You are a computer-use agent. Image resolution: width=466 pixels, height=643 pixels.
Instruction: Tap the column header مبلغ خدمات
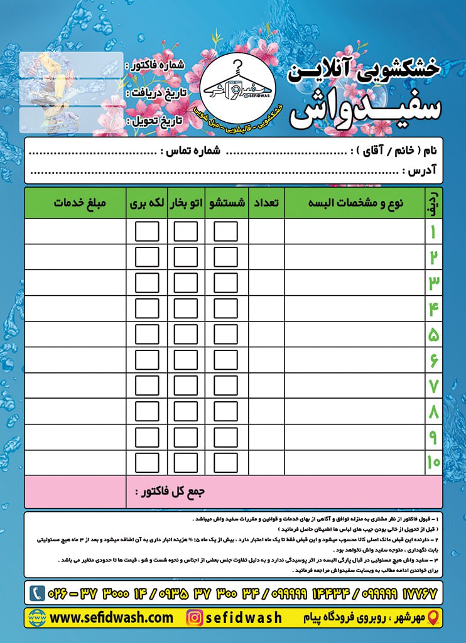pos(80,203)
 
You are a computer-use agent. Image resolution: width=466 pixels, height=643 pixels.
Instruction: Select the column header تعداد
pos(266,203)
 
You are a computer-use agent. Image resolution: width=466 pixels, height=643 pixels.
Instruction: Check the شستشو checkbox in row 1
pos(225,231)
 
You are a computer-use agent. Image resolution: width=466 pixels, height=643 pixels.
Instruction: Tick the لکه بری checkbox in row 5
pos(147,334)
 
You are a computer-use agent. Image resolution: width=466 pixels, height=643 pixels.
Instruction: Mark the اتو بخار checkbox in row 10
pos(186,463)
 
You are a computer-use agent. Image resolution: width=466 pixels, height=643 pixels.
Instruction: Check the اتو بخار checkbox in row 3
pos(186,283)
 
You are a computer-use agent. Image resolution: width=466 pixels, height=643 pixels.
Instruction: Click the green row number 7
pos(433,386)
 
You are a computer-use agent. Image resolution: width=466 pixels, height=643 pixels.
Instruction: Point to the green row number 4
pos(433,308)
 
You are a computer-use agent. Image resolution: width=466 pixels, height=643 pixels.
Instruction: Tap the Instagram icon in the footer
pos(195,618)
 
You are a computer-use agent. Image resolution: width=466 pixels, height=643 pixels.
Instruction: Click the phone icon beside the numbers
pos(38,592)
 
